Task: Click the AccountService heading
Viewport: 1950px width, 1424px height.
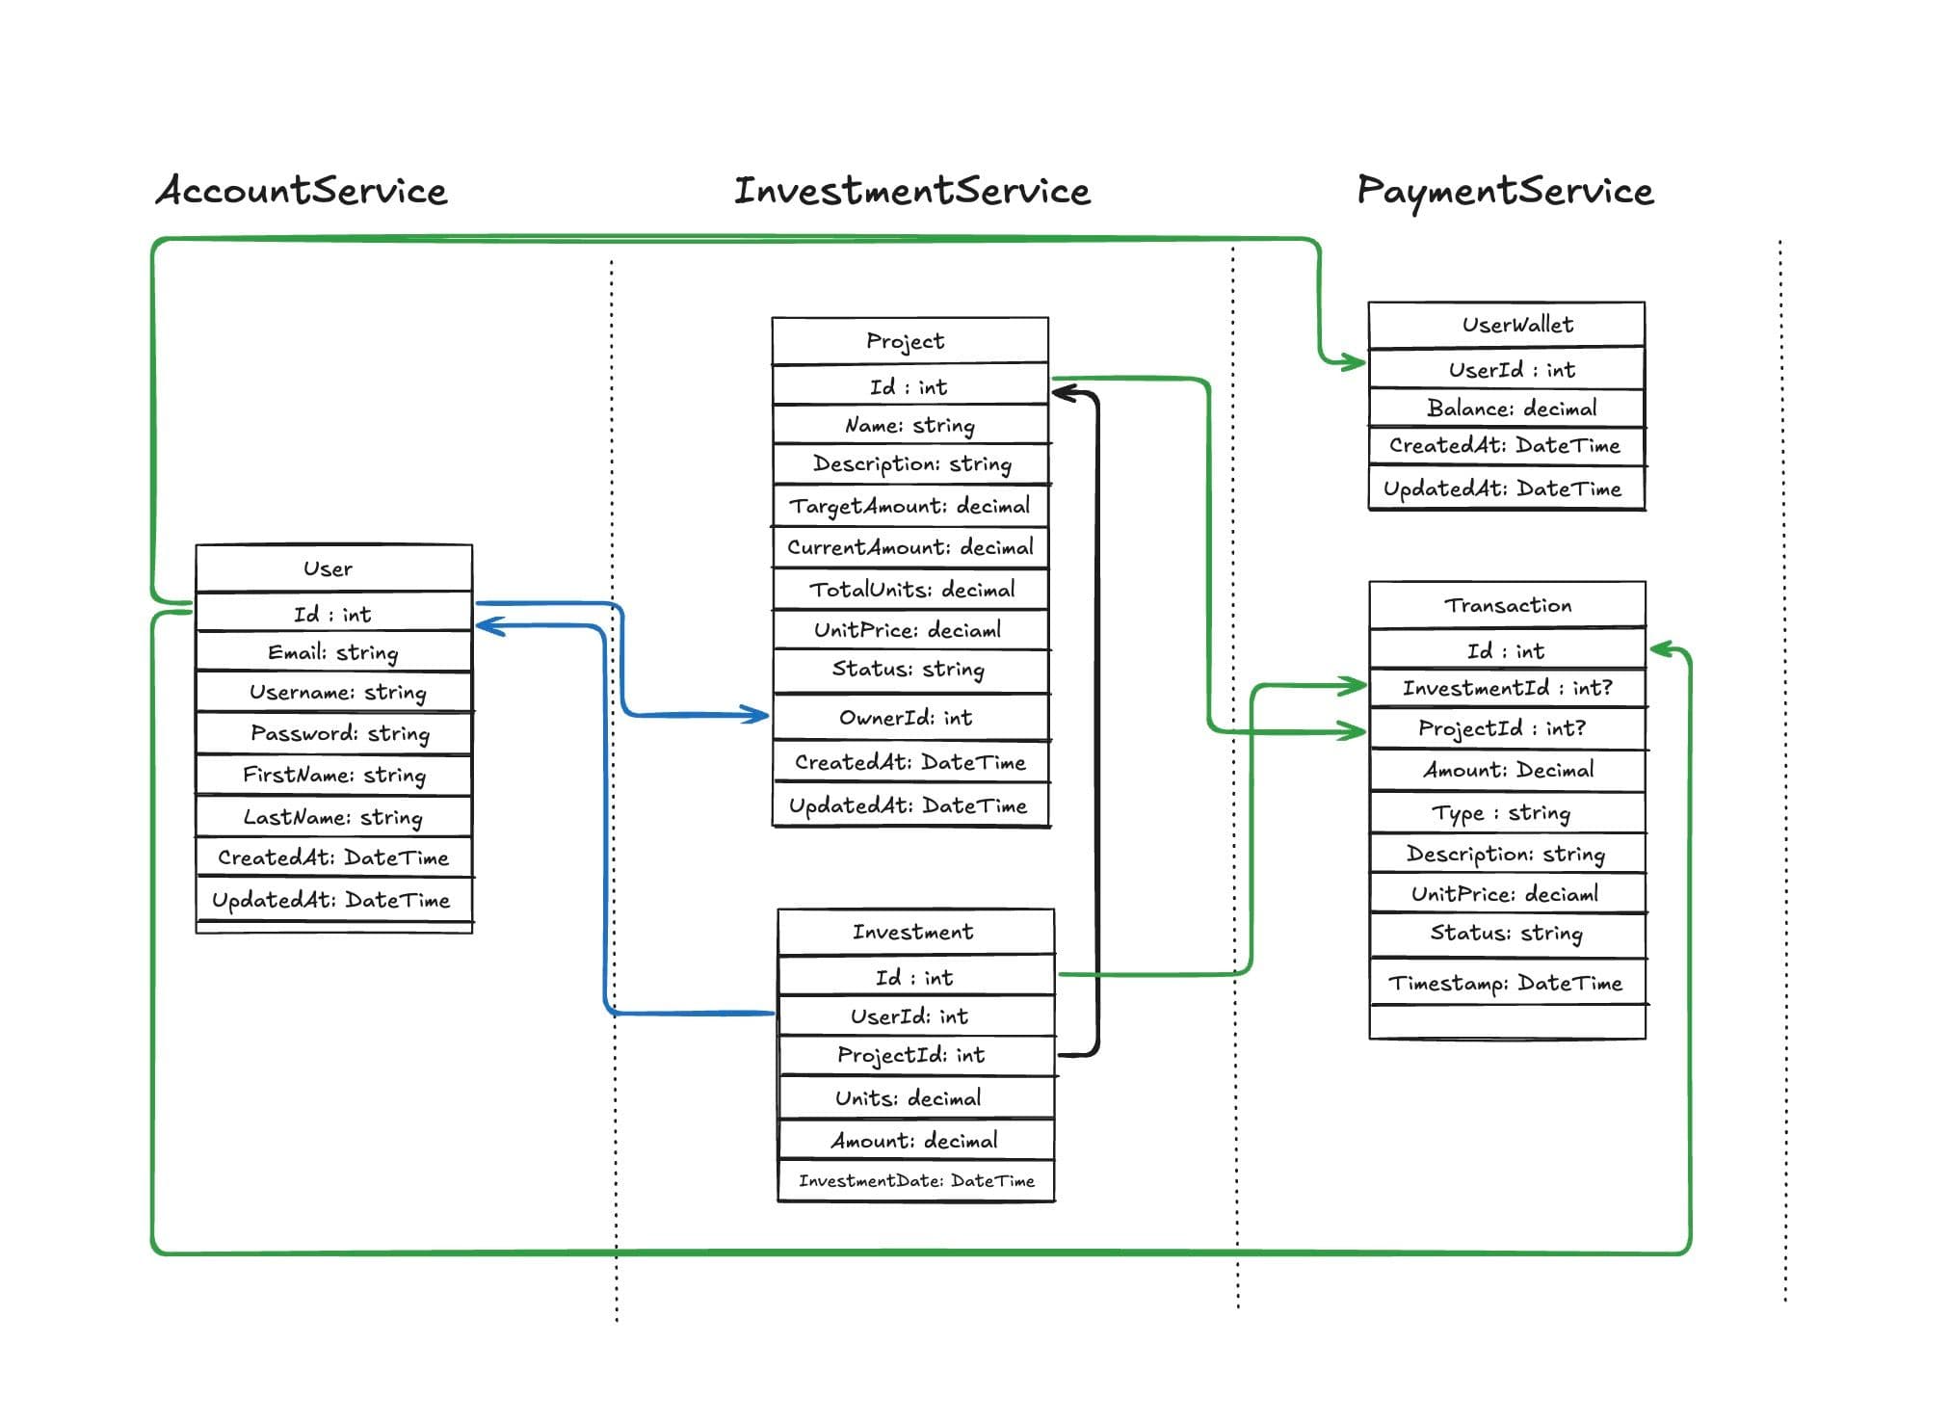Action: (x=302, y=191)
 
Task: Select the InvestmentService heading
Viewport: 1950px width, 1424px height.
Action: (x=911, y=191)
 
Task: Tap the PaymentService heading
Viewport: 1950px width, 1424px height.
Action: (x=1505, y=191)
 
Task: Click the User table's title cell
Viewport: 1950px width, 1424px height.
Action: (x=329, y=568)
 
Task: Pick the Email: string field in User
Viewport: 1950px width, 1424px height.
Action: (x=332, y=652)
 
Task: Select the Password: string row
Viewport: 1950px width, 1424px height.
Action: (x=339, y=733)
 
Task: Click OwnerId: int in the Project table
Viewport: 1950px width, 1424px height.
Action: (x=906, y=718)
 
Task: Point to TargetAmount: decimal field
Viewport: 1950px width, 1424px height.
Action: (x=909, y=506)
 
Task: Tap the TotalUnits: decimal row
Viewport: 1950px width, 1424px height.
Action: (x=911, y=590)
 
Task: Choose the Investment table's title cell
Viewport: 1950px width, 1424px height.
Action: (x=912, y=932)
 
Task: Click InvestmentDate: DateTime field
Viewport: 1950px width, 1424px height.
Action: (x=916, y=1181)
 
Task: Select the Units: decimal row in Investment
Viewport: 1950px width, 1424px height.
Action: (x=909, y=1098)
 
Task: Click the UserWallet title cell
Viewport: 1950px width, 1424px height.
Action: (x=1517, y=325)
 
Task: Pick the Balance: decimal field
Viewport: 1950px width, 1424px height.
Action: (x=1511, y=409)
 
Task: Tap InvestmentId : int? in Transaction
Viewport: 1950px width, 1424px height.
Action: (x=1507, y=688)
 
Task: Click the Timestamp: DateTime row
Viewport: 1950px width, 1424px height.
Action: (x=1505, y=983)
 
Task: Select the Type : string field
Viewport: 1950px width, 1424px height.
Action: (x=1501, y=813)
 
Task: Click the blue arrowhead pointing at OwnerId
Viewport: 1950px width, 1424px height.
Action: (x=757, y=715)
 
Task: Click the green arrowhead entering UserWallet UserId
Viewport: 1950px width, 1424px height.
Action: (x=1353, y=363)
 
